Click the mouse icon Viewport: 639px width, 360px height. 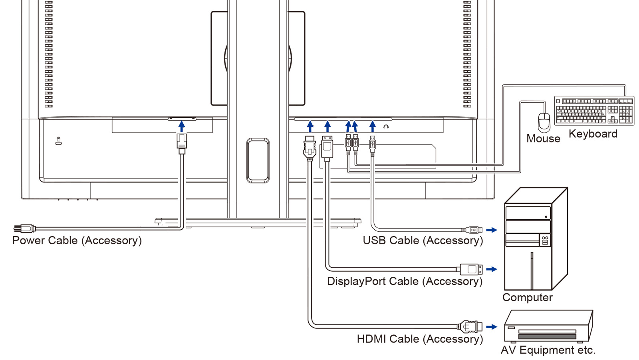544,122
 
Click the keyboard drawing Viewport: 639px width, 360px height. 594,111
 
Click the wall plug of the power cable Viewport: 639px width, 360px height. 24,229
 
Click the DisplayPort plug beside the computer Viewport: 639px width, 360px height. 470,269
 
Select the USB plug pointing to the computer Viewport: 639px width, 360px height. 472,230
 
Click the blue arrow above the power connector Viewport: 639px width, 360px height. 182,126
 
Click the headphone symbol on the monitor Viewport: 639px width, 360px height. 386,127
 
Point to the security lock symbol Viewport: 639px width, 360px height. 59,141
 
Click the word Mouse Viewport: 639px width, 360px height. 543,139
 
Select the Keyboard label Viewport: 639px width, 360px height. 593,134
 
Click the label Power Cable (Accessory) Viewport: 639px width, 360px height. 77,241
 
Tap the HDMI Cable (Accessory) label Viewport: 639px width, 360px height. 420,339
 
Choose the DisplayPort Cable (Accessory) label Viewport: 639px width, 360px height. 405,281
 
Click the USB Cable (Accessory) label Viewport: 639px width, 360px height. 423,241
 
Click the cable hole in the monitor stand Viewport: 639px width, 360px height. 258,160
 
